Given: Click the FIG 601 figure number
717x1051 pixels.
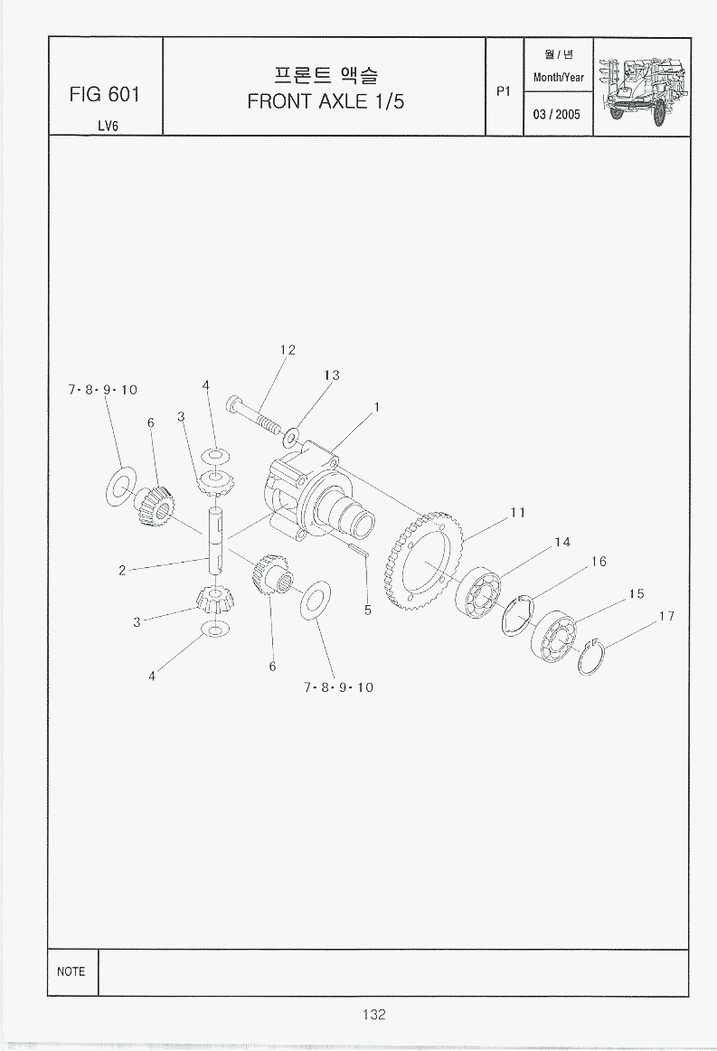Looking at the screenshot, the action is [x=105, y=94].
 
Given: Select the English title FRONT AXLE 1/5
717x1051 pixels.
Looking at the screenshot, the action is [x=325, y=101].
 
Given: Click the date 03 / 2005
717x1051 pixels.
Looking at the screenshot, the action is [x=557, y=114].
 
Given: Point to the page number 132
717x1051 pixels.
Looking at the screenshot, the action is [x=374, y=1014].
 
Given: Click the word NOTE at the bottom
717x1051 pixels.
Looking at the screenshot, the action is [x=71, y=971].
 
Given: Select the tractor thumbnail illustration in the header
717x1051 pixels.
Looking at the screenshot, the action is [x=643, y=87].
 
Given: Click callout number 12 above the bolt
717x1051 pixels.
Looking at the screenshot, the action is [x=288, y=349].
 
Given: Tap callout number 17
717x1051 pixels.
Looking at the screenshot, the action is [x=666, y=616].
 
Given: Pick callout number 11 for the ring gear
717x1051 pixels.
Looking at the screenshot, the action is [x=517, y=512].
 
